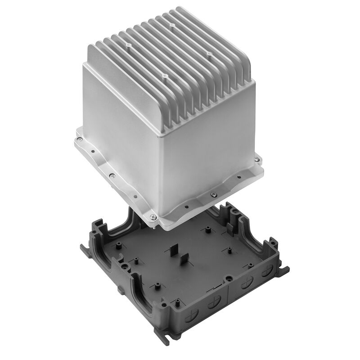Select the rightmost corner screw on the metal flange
[257, 158]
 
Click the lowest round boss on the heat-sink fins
[165, 76]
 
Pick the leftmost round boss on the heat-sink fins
[129, 46]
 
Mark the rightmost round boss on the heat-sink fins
[210, 53]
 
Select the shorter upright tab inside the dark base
[184, 260]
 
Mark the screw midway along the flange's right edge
[212, 194]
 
